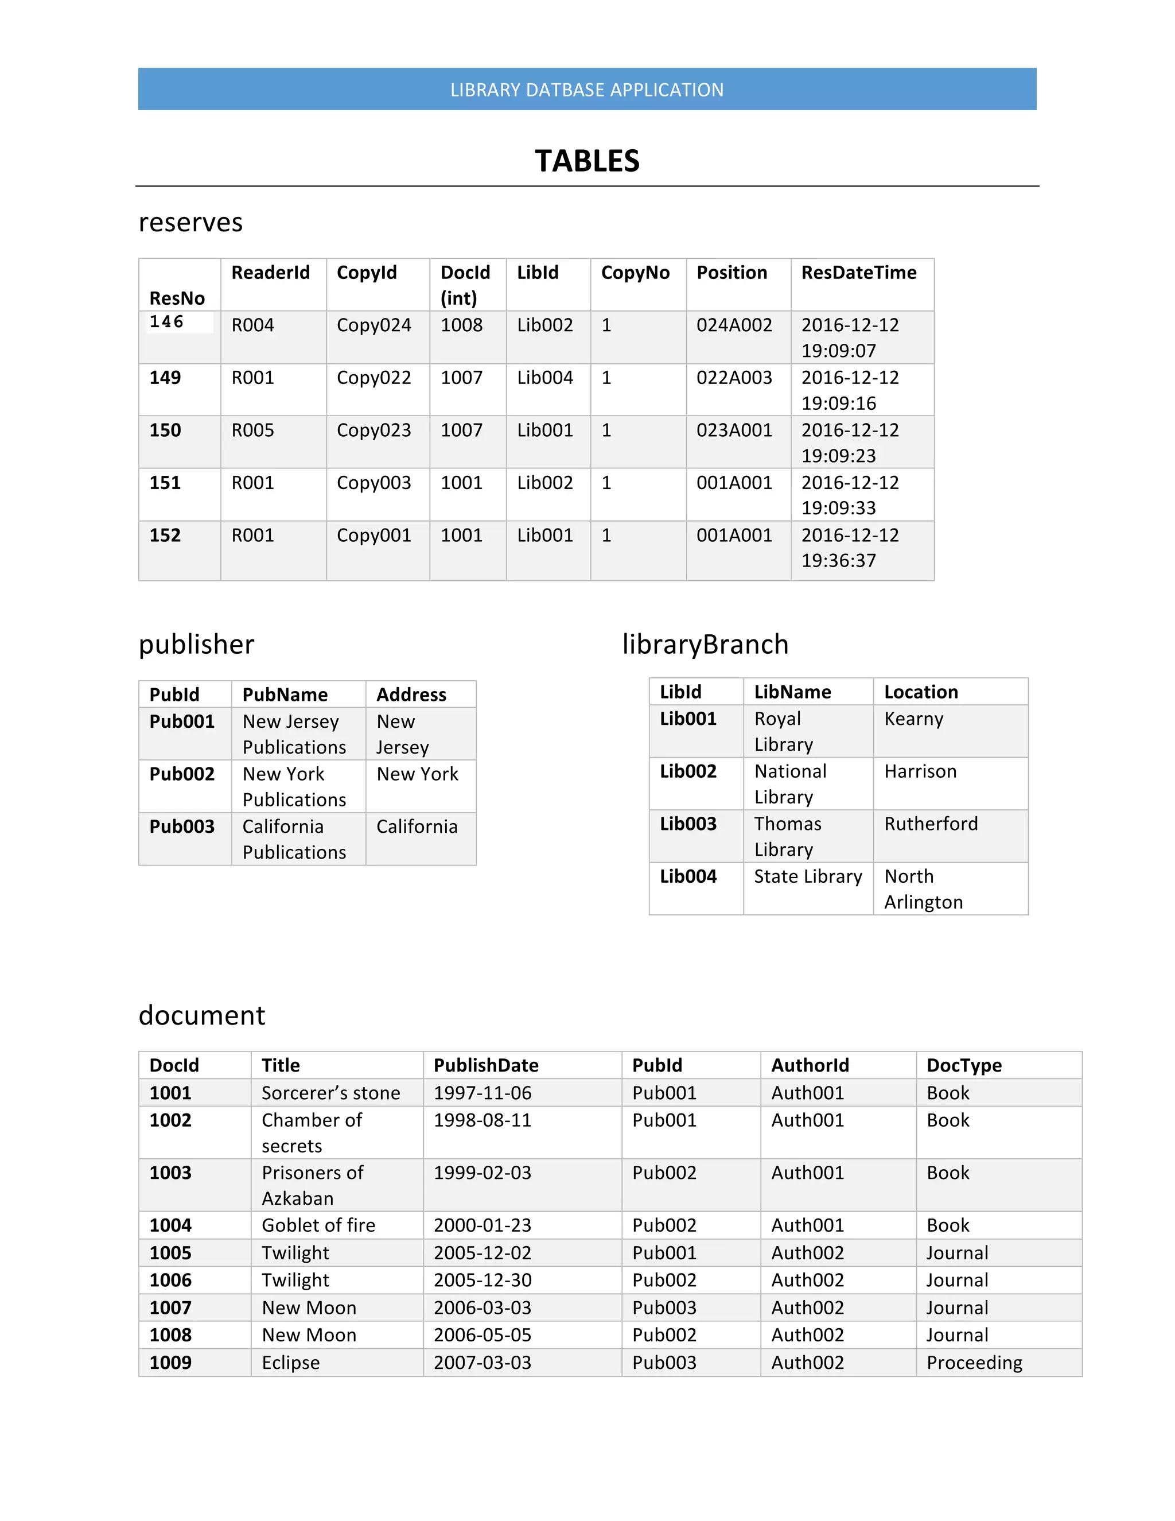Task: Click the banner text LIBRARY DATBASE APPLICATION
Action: click(587, 90)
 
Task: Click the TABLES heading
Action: click(587, 161)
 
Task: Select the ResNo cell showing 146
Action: click(166, 322)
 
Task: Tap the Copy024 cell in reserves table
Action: click(374, 325)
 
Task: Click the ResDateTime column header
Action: click(858, 272)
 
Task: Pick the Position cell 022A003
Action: click(734, 378)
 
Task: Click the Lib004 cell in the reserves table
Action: click(544, 378)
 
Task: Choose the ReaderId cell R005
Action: click(252, 430)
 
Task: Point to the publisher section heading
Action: click(196, 644)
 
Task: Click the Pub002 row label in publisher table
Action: click(182, 774)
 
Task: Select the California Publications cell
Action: click(294, 839)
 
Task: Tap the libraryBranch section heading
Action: click(705, 644)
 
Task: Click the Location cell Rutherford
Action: click(931, 824)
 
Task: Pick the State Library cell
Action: click(807, 876)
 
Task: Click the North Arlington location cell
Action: click(923, 888)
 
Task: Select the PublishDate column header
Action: click(486, 1065)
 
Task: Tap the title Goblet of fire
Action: click(318, 1225)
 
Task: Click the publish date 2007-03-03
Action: click(483, 1362)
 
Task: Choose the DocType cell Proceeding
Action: click(974, 1362)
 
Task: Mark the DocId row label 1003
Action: click(170, 1173)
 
